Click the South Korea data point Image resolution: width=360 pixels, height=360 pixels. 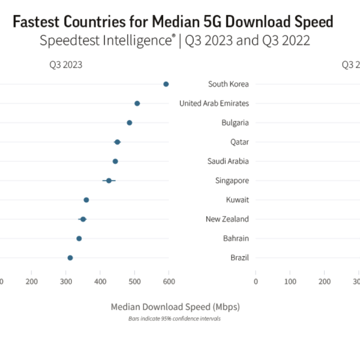coord(166,84)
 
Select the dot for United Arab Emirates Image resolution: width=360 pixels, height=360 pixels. coord(137,103)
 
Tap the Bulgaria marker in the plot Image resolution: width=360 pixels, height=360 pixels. coord(130,122)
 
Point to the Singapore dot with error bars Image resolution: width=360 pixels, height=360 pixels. coord(109,180)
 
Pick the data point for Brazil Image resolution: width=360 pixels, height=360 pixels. coord(70,257)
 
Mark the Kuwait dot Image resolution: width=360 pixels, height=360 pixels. coord(86,200)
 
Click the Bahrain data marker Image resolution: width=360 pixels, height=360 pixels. coord(79,238)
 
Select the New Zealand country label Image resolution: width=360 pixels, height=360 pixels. coord(227,219)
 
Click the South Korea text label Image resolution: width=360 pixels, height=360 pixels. coord(228,84)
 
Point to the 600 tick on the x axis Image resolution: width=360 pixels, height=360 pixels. coord(169,281)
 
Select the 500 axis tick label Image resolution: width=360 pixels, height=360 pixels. coord(134,281)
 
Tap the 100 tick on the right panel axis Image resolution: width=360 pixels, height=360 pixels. coord(290,281)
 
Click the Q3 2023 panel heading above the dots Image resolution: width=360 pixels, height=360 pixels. coord(65,65)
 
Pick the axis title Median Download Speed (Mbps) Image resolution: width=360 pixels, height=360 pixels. coord(175,307)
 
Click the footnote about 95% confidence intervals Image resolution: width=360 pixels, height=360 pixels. coord(175,319)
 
